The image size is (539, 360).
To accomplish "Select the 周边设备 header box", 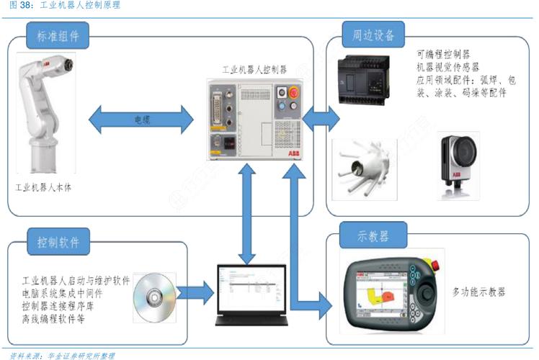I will coord(373,35).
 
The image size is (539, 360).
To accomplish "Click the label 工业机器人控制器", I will coord(254,70).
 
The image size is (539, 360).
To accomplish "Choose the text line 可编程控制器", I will coord(443,54).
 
